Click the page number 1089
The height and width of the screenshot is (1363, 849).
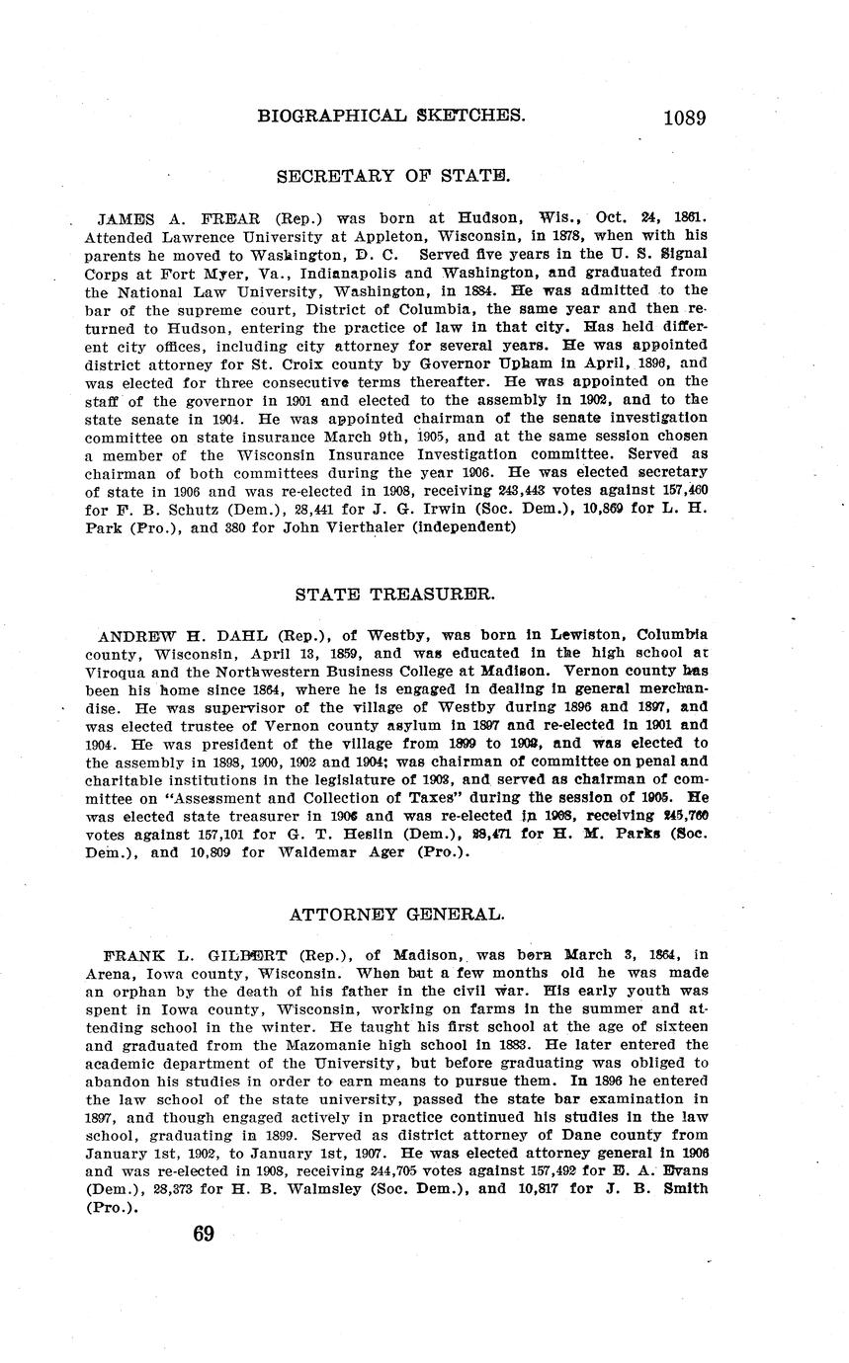[684, 118]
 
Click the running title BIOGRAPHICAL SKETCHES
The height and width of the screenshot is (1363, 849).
[390, 116]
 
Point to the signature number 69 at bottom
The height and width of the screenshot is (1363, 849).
[204, 1234]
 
